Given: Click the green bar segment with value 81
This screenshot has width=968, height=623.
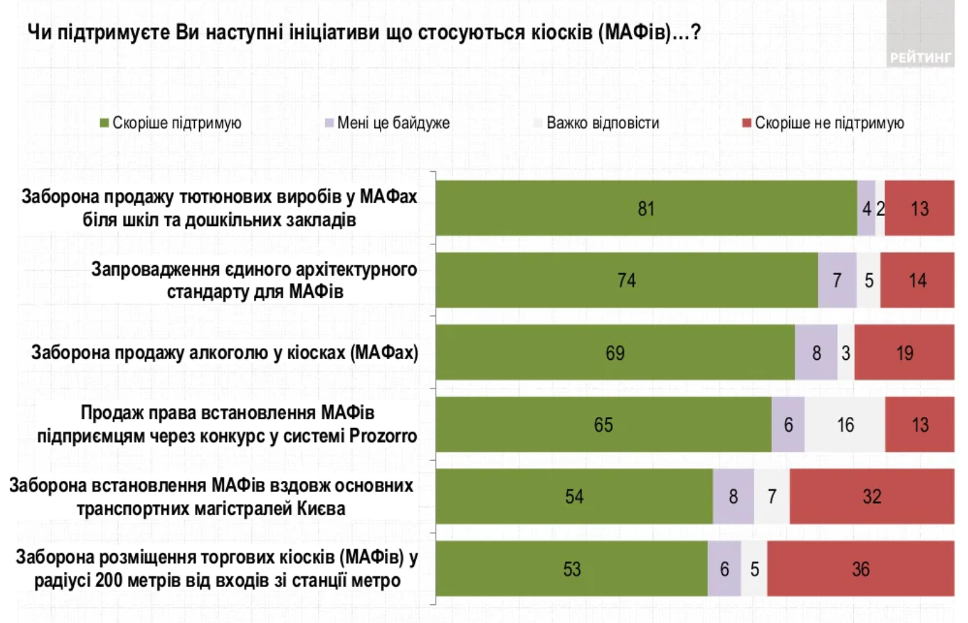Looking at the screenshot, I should [x=646, y=208].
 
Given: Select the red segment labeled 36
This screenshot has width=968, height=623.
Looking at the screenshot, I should [x=860, y=569].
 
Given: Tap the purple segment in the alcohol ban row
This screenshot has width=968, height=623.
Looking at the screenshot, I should [x=816, y=353].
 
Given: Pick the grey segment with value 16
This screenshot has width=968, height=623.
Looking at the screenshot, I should [x=845, y=425].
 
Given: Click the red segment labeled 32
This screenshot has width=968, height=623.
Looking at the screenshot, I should [x=871, y=496].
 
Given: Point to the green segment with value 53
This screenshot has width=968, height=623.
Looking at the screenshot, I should [x=571, y=569].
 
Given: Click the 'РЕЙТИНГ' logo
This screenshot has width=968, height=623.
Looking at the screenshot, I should [x=920, y=57].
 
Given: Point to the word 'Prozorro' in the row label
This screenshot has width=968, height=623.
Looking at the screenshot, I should [x=383, y=436].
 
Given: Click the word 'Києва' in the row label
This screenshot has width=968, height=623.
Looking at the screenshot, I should [x=321, y=509].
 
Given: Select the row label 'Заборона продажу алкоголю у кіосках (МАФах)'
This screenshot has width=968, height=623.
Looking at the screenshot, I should [x=224, y=353].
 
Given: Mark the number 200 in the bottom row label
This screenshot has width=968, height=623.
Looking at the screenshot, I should [x=109, y=581].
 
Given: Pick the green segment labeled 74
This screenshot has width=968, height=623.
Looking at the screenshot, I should [x=626, y=281].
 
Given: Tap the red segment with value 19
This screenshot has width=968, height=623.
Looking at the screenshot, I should [x=904, y=353].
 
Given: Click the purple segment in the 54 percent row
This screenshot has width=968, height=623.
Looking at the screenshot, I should [x=733, y=496].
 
